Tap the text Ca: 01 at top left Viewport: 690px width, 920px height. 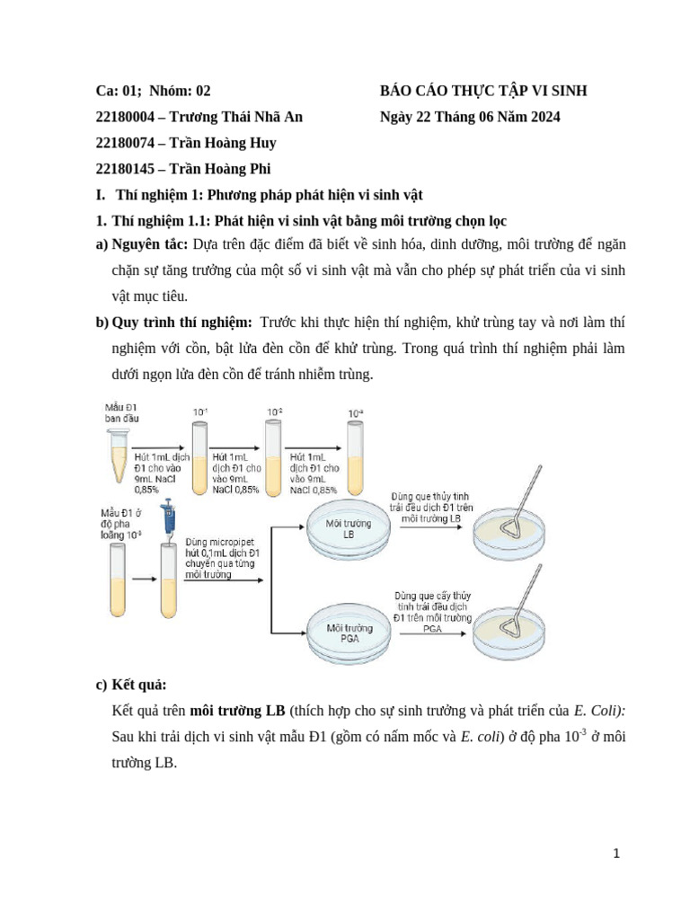pos(114,91)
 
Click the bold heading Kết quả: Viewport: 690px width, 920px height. pos(139,685)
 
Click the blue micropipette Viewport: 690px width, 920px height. pos(166,521)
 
